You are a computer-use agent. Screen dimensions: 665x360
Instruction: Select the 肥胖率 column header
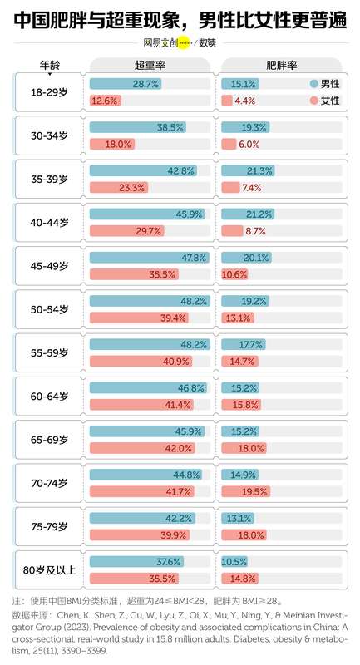click(283, 64)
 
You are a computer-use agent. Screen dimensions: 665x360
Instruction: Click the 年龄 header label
click(49, 64)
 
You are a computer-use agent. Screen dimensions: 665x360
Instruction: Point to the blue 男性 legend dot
click(313, 84)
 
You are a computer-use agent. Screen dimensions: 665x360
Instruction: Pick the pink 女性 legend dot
click(313, 101)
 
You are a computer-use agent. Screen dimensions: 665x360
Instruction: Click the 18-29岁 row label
click(49, 91)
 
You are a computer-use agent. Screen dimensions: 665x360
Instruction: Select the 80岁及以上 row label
click(49, 570)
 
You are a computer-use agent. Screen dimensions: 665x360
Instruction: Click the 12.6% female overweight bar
click(105, 101)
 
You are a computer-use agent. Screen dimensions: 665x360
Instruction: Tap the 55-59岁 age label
click(49, 352)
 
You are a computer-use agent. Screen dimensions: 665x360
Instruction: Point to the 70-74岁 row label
click(49, 483)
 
